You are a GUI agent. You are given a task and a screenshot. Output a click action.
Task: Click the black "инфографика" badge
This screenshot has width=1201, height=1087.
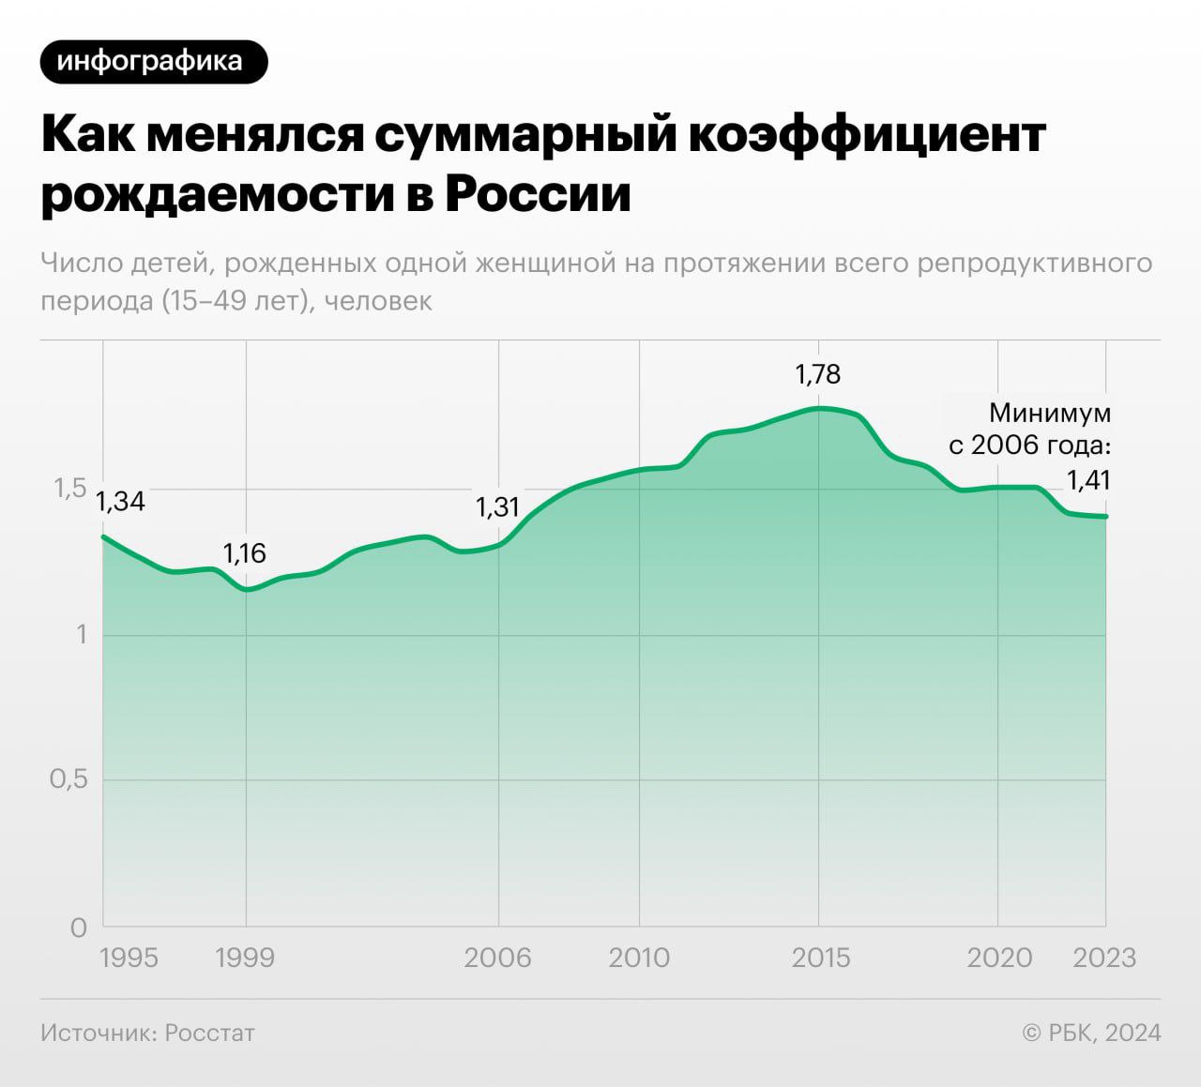click(154, 62)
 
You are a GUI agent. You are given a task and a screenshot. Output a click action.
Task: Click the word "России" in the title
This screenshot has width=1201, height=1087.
click(538, 194)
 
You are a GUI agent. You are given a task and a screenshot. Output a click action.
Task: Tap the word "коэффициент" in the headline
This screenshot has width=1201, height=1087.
click(867, 133)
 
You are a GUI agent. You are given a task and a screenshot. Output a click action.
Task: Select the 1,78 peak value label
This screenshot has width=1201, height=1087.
click(818, 374)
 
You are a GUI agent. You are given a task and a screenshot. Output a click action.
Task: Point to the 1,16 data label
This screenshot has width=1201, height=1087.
click(244, 553)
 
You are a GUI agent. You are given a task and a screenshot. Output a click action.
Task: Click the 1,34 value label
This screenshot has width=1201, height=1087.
click(121, 502)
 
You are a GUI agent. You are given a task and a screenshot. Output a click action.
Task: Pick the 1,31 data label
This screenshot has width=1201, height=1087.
click(497, 507)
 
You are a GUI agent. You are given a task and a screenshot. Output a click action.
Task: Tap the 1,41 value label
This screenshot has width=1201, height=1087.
click(1088, 480)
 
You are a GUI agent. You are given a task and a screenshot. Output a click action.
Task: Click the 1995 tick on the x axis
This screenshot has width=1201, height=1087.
click(129, 958)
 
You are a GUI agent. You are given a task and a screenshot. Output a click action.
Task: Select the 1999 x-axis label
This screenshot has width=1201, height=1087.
click(245, 958)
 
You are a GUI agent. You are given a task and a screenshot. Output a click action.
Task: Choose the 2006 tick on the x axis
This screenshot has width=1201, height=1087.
click(497, 958)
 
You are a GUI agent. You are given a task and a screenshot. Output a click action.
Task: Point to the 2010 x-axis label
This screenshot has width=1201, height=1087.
click(639, 958)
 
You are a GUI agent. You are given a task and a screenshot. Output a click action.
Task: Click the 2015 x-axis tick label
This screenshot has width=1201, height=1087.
click(820, 958)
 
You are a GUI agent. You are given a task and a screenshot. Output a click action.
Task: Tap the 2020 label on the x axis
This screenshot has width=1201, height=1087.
click(999, 958)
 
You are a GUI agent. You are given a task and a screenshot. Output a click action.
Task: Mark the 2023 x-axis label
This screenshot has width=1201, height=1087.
click(1104, 958)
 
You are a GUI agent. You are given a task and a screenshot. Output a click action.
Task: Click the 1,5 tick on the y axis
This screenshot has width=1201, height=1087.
click(69, 488)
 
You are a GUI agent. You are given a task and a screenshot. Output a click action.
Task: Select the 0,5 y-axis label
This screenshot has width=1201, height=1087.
click(68, 778)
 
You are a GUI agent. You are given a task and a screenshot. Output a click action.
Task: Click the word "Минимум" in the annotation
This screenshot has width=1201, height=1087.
click(1050, 413)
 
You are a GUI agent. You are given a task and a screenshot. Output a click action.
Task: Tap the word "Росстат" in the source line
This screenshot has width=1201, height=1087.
click(209, 1033)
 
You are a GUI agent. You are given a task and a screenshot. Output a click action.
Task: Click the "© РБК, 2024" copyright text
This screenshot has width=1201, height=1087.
click(1091, 1033)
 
